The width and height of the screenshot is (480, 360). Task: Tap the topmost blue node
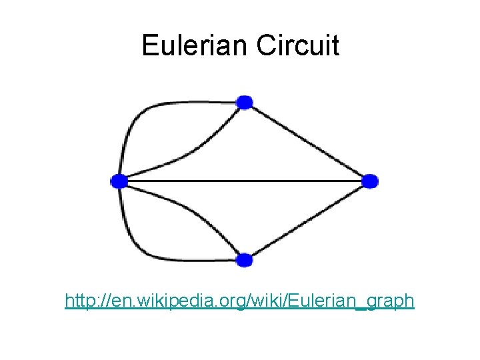pos(245,102)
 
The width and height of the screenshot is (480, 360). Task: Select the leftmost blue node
pos(119,181)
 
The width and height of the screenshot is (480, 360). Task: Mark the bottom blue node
pos(245,259)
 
